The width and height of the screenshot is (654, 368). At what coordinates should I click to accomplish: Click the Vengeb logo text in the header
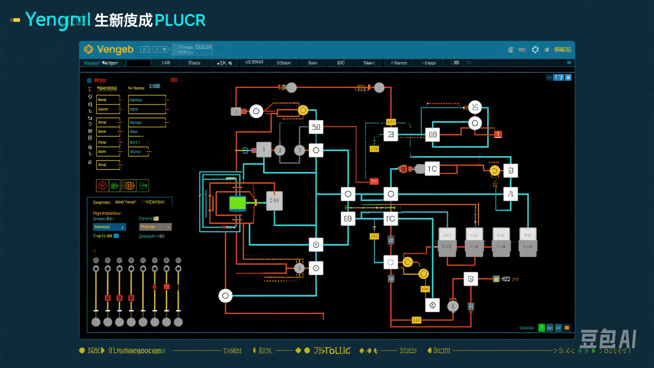[115, 50]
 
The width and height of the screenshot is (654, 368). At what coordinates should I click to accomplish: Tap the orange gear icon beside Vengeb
[88, 49]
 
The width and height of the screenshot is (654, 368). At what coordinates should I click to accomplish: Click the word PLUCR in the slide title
[180, 20]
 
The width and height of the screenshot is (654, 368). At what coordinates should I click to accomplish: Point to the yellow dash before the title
[15, 20]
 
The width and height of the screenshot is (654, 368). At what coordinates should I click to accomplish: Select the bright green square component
[238, 203]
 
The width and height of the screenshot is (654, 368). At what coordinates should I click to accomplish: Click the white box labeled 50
[316, 127]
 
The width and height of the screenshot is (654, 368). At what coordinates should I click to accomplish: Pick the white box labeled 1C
[432, 169]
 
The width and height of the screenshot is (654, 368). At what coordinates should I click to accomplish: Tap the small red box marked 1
[498, 134]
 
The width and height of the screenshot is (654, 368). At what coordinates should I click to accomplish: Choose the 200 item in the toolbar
[340, 63]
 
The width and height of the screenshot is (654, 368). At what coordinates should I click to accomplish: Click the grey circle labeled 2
[280, 150]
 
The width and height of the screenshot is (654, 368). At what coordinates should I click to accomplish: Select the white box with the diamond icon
[432, 305]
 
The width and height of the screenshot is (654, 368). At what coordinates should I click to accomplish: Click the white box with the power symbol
[316, 244]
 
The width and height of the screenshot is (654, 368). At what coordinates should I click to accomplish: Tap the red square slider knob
[166, 287]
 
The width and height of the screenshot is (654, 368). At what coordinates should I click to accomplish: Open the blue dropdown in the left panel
[109, 227]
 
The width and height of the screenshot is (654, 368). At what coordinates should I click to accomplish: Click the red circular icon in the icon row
[102, 186]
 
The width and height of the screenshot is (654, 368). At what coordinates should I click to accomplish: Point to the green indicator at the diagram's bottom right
[542, 328]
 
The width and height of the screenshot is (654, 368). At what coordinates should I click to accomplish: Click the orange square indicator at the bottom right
[567, 328]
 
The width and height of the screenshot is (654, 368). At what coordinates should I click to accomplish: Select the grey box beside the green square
[274, 201]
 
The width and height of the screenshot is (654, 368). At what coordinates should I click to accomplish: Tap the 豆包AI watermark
[608, 339]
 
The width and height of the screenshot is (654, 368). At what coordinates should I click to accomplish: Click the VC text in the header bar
[521, 50]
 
